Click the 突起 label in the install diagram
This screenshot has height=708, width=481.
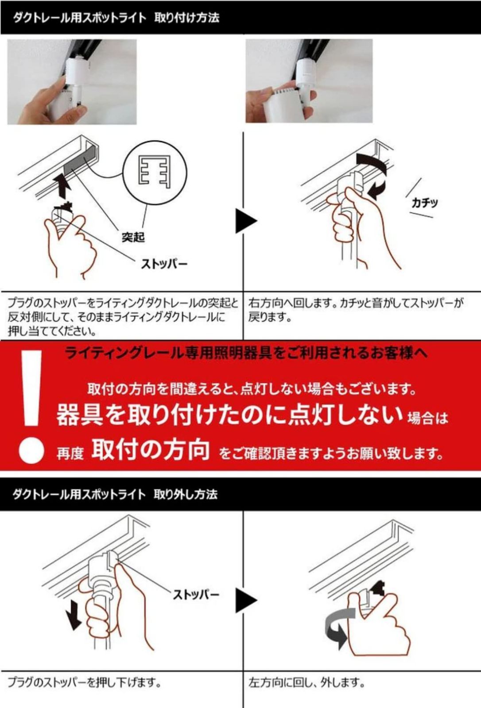pyautogui.click(x=133, y=237)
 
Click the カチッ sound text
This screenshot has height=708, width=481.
pyautogui.click(x=424, y=203)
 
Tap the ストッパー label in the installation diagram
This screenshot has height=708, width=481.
pyautogui.click(x=164, y=264)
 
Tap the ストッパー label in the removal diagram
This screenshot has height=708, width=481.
pyautogui.click(x=196, y=594)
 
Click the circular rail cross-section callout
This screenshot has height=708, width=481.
pyautogui.click(x=155, y=172)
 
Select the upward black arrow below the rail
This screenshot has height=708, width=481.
pyautogui.click(x=64, y=185)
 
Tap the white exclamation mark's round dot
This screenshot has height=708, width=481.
pyautogui.click(x=31, y=450)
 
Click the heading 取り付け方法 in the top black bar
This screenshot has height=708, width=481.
pyautogui.click(x=186, y=18)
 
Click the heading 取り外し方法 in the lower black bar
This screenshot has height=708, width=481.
pyautogui.click(x=186, y=494)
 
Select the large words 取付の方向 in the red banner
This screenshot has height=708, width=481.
pyautogui.click(x=151, y=450)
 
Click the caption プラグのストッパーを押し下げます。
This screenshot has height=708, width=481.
pyautogui.click(x=84, y=683)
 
